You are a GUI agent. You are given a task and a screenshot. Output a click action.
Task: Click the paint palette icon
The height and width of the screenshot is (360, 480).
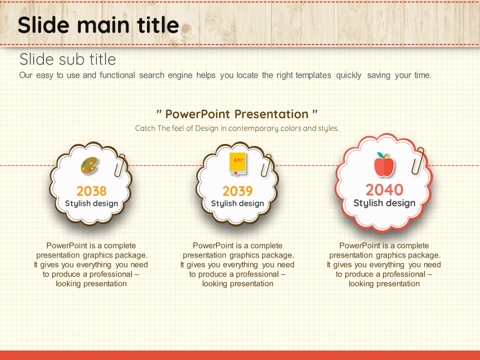[x=89, y=165]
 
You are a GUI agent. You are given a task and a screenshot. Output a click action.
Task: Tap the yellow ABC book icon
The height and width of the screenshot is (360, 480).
[x=238, y=164]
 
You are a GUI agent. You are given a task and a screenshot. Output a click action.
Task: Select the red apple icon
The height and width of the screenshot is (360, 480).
[x=384, y=164]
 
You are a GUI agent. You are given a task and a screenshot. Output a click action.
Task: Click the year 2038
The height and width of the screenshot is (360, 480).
[x=91, y=191]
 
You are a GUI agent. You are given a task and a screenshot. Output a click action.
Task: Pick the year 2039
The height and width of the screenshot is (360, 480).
[x=237, y=191]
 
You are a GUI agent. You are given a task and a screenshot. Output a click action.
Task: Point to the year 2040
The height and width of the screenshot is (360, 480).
[x=384, y=190]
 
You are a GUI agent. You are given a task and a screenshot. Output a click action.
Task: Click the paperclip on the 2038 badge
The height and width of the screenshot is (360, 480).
[x=120, y=165]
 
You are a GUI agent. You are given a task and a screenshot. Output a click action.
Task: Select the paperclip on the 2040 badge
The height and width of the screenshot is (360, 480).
[x=418, y=161]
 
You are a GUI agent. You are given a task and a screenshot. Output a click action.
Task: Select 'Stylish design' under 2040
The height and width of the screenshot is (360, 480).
[x=384, y=203]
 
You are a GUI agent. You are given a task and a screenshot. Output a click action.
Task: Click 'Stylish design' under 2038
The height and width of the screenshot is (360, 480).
[x=91, y=203]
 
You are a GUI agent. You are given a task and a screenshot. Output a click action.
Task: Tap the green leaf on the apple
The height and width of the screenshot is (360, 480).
[x=380, y=155]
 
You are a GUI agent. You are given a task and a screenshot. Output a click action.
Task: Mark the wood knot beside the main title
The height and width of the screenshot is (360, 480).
[x=186, y=29]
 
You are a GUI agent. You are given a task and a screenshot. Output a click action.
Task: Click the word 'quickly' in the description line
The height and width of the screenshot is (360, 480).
[x=348, y=75]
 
